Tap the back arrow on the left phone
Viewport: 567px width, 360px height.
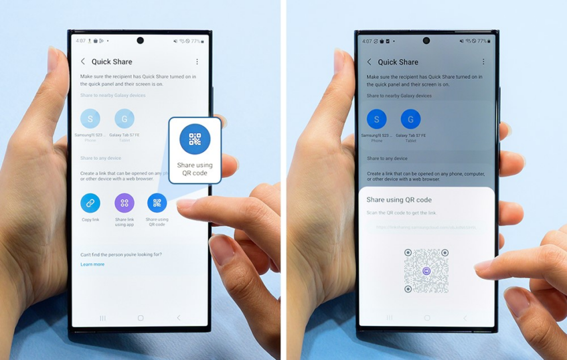click(83, 62)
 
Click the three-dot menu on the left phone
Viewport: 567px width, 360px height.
click(197, 62)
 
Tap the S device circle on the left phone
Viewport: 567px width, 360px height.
click(90, 119)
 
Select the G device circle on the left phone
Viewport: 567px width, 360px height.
click(124, 119)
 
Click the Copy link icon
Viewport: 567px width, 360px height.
click(90, 203)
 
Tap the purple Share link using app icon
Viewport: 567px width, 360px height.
click(124, 203)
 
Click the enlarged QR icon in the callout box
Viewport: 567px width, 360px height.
click(195, 139)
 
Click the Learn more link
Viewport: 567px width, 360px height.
click(92, 264)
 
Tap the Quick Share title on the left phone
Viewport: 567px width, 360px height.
click(111, 62)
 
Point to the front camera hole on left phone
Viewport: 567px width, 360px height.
click(140, 41)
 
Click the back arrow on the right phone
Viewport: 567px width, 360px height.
click(370, 62)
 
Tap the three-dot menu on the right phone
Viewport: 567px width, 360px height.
click(483, 62)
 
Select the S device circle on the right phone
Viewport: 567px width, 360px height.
click(377, 120)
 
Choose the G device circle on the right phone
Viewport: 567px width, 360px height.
click(410, 120)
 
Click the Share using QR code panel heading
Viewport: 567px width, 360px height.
click(399, 199)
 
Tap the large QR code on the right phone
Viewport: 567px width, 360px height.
click(426, 270)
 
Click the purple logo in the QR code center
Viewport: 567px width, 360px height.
click(427, 271)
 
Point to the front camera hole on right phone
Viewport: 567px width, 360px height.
click(426, 41)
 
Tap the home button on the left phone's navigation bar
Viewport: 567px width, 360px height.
click(141, 318)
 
